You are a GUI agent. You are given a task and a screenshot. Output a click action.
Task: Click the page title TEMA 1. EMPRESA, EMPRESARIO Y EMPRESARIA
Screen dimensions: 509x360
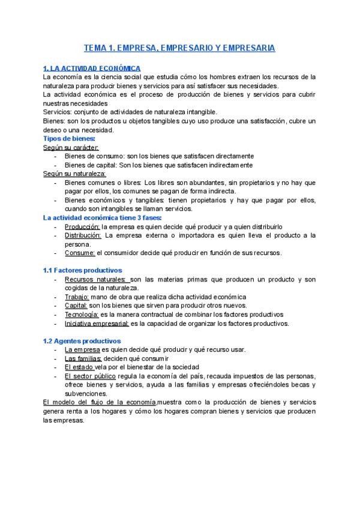(x=179, y=48)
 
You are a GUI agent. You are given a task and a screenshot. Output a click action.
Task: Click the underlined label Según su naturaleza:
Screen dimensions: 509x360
(x=74, y=173)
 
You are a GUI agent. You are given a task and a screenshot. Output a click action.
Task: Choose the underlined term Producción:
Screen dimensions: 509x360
(x=82, y=227)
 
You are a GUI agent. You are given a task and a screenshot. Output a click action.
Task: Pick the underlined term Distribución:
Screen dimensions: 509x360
(x=83, y=235)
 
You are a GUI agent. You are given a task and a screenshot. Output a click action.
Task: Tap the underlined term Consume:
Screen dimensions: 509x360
(x=80, y=253)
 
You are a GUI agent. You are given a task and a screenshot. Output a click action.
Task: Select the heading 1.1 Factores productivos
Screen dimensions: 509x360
(x=82, y=270)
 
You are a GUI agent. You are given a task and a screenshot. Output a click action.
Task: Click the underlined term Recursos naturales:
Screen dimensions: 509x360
(x=95, y=279)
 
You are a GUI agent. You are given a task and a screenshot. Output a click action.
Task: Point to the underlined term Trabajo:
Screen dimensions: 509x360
(x=77, y=297)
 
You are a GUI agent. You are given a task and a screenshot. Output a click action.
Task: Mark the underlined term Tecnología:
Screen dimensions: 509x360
(x=82, y=315)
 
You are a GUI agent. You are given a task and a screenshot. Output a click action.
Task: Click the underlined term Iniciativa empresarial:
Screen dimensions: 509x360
(x=97, y=324)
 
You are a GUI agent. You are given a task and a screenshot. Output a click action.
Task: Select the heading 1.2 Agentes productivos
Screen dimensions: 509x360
(x=82, y=341)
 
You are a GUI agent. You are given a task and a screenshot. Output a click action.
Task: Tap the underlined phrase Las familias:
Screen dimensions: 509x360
(x=83, y=358)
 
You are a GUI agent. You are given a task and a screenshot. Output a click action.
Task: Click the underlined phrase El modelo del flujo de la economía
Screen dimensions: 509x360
(x=100, y=402)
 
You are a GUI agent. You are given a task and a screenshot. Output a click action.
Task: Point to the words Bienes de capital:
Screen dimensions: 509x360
(x=90, y=165)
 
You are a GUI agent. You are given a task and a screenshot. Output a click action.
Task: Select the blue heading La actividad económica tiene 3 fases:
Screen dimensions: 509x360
(x=102, y=218)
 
